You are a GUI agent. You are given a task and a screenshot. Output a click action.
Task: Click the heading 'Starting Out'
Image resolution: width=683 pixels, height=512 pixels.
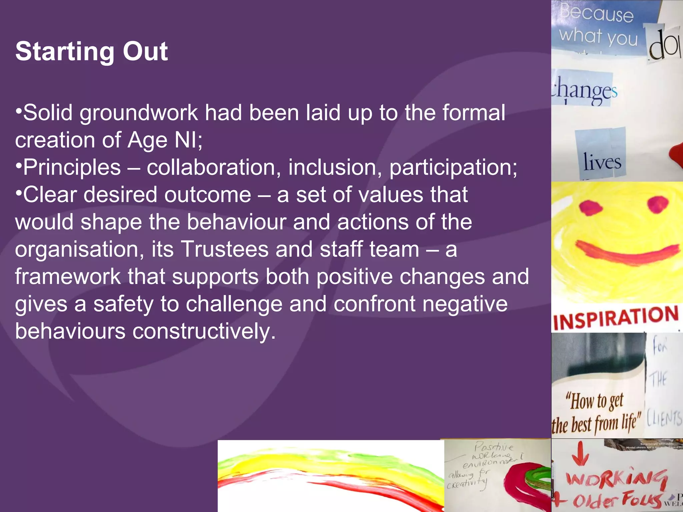[91, 52]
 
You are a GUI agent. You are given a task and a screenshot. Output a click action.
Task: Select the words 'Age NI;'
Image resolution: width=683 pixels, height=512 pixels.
[165, 140]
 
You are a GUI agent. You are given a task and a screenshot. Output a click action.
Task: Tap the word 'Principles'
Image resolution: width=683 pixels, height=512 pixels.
[72, 167]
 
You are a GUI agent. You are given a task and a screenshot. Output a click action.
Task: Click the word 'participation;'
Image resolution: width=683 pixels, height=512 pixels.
[453, 167]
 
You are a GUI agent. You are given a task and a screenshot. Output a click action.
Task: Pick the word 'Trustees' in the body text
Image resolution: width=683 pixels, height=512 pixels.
[224, 249]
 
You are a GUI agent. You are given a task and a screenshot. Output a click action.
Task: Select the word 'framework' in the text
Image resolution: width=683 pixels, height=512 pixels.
[68, 277]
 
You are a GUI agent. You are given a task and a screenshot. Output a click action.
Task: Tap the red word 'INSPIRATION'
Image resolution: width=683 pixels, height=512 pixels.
[616, 318]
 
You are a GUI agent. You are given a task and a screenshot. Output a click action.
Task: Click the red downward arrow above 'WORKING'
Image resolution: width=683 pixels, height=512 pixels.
[581, 454]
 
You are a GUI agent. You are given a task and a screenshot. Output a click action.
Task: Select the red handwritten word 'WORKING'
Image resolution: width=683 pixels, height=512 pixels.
[617, 478]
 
